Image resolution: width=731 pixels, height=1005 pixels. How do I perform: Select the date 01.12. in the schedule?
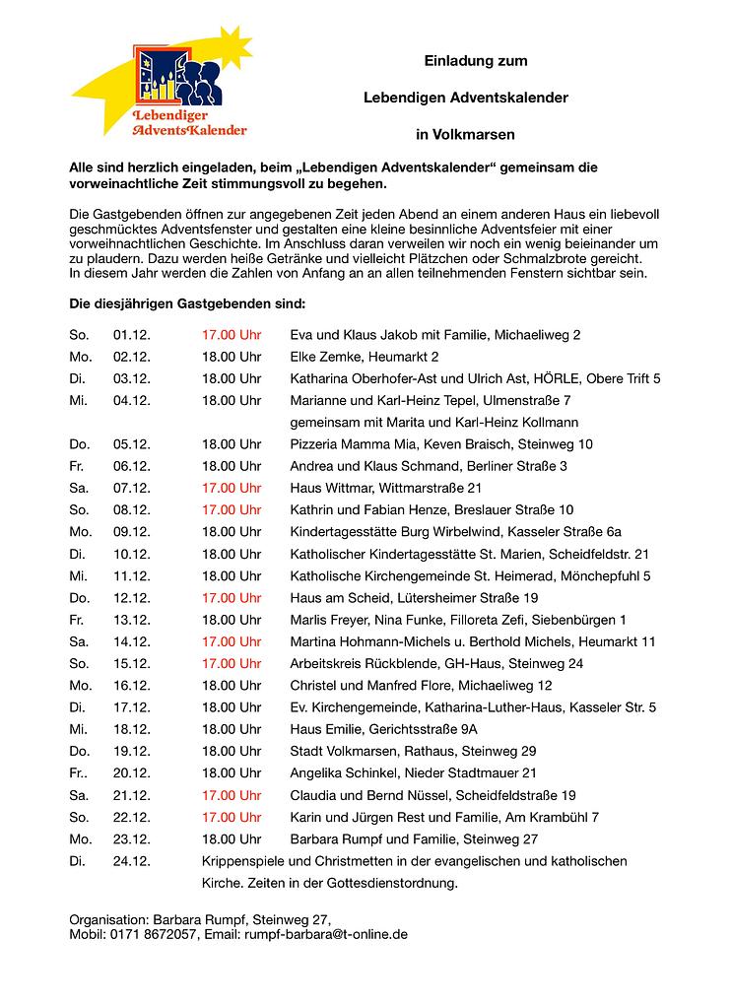tap(132, 335)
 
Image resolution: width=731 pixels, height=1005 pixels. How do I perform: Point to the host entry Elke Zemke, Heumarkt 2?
tap(365, 357)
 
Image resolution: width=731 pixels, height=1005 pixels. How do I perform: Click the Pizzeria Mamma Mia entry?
tap(441, 444)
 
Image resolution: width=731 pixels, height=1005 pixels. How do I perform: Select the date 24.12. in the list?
tap(132, 861)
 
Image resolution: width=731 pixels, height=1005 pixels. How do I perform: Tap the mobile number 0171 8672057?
tap(157, 933)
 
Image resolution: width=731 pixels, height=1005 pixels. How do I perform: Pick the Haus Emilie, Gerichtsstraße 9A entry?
tap(384, 729)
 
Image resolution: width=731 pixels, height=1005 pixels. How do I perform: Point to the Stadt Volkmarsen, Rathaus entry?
tap(413, 751)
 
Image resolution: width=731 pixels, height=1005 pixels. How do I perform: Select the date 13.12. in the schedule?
tap(132, 620)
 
